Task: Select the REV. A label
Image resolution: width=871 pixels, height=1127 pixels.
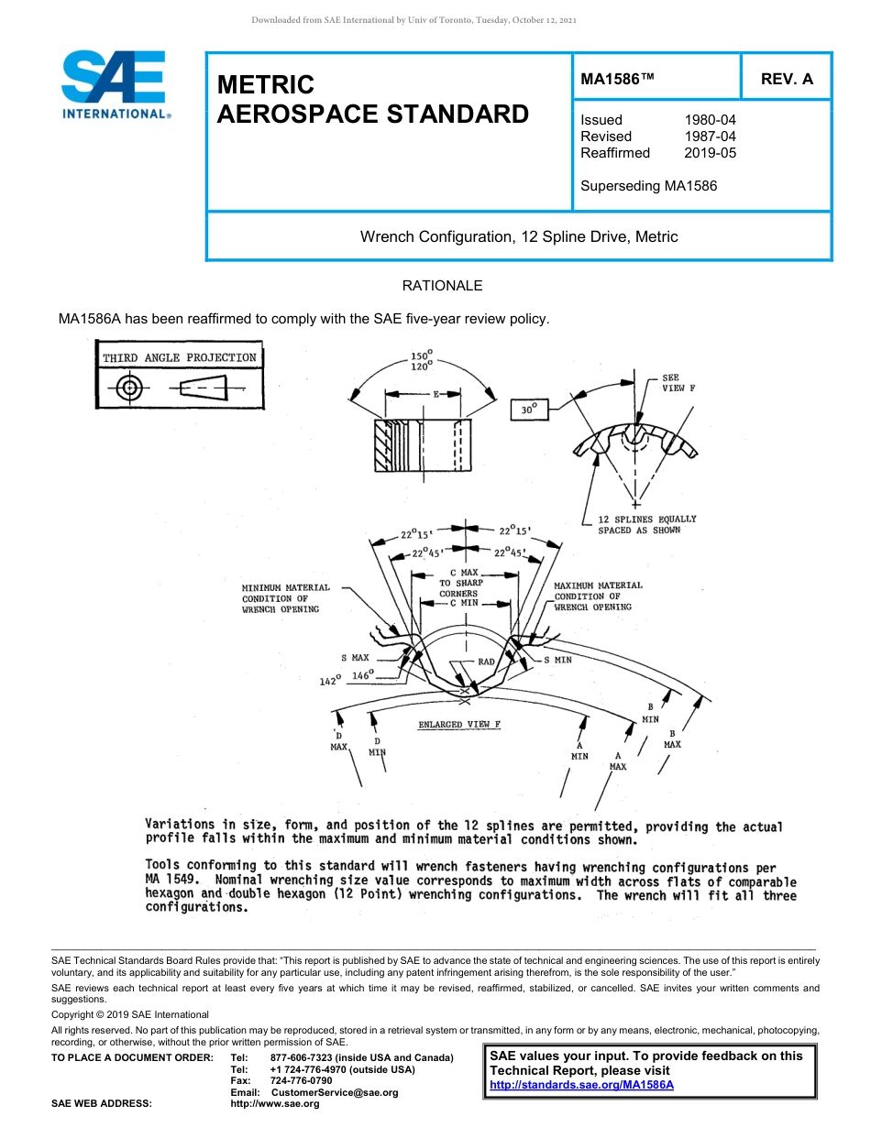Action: coord(786,79)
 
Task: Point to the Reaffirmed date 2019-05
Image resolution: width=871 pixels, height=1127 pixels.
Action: coord(710,153)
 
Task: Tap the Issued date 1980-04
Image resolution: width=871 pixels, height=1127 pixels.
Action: coord(710,120)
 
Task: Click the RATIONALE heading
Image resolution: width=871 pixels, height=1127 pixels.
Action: coord(442,286)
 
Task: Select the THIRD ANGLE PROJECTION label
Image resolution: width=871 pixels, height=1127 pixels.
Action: coord(180,357)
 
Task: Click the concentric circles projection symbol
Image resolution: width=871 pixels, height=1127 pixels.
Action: coord(130,388)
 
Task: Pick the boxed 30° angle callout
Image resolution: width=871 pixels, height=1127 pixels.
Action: coord(528,410)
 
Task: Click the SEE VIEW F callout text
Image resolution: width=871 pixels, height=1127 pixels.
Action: coord(678,383)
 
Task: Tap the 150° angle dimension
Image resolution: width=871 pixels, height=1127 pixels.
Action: coord(422,355)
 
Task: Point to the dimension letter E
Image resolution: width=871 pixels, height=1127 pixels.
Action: coord(436,394)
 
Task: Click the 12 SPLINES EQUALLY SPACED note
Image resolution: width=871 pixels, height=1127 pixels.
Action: coord(646,524)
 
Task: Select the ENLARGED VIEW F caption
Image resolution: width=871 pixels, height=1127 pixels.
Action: coord(459,725)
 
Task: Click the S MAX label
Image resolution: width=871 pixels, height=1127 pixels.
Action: coord(355,658)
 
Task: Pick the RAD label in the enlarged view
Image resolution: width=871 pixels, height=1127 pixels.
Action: coord(486,662)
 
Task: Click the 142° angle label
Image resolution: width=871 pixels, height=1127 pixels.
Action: coord(330,681)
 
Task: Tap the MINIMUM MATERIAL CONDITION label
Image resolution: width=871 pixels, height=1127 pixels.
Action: coord(285,598)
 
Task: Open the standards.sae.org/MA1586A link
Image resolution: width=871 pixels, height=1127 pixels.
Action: coord(581,1085)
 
